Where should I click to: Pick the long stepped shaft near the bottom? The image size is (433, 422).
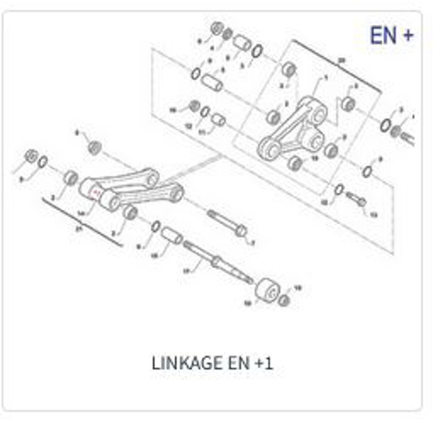pyautogui.click(x=213, y=259)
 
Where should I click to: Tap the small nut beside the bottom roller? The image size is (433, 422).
pyautogui.click(x=285, y=299)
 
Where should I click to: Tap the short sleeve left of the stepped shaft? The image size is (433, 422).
pyautogui.click(x=171, y=234)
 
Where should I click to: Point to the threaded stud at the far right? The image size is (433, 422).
pyautogui.click(x=399, y=132)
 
